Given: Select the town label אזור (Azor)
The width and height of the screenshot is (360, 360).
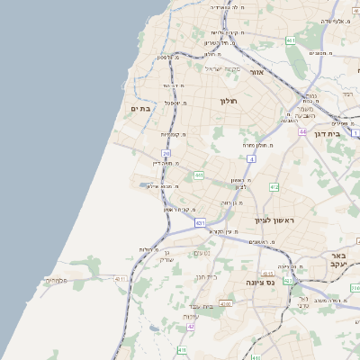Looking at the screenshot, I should tap(256, 71).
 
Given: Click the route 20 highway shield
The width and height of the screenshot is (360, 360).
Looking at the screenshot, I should tap(166, 154).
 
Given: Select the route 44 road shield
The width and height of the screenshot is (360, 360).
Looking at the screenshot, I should tap(302, 130).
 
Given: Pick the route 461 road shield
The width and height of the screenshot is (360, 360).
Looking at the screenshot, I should tap(290, 41).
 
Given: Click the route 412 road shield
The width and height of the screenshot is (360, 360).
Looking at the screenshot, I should tap(274, 187).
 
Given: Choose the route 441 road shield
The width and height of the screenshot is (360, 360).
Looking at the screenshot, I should tap(198, 175).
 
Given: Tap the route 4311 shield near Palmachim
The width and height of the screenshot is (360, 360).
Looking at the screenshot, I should tap(120, 280).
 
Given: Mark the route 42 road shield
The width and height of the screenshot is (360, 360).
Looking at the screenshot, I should tap(191, 327).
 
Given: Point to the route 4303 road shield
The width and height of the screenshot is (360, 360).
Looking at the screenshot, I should tap(225, 304).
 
